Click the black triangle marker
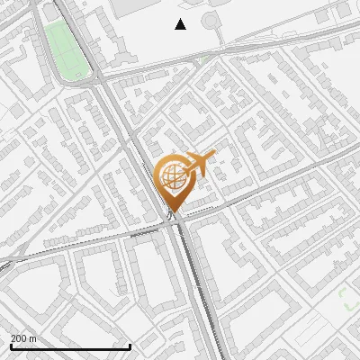180,24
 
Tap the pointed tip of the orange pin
175,212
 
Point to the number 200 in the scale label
19,338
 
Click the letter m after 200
33,338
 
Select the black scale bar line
70,346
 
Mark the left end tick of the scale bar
11,346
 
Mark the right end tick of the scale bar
130,346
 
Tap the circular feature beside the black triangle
211,21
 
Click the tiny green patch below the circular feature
208,58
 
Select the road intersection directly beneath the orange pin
175,220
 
